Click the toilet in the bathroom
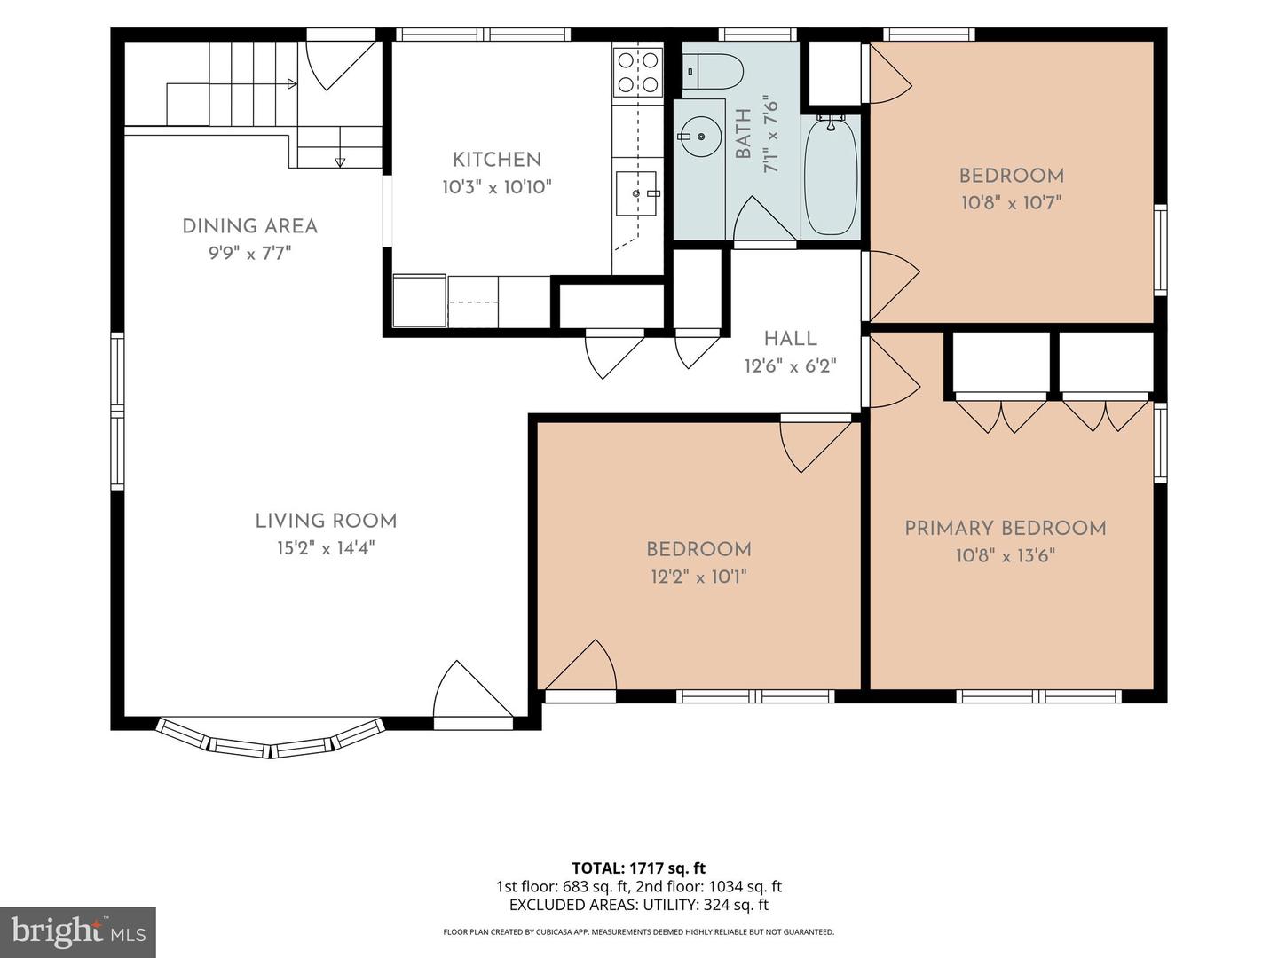coord(713,72)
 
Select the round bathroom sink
coord(699,136)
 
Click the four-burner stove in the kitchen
coord(638,73)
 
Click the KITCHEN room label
coord(497,160)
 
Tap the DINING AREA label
coord(250,226)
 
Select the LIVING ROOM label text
coord(326,522)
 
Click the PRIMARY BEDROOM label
coord(1006,529)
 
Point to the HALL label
coord(790,339)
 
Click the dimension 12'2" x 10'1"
coord(698,577)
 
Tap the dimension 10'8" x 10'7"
coord(1012,203)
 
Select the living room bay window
coord(272,741)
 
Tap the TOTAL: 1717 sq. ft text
coord(639,868)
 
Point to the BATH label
coord(744,134)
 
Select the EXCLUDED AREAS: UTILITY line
coord(639,905)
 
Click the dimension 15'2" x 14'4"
coord(326,548)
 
